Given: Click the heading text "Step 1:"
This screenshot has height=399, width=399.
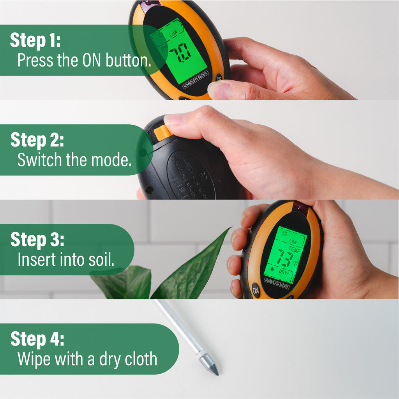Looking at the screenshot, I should point(35,41).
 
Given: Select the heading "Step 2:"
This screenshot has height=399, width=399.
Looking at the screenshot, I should point(37,140).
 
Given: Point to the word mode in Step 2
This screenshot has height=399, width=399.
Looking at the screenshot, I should point(113,160).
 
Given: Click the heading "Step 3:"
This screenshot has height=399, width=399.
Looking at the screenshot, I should point(37,240).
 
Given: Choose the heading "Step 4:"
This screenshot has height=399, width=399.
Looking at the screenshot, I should point(37,339).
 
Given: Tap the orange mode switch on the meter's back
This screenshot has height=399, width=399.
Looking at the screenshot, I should point(162,133).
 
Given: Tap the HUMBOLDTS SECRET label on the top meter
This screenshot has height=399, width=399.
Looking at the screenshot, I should point(196,80).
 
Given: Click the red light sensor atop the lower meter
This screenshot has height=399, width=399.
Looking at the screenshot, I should point(300,207).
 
